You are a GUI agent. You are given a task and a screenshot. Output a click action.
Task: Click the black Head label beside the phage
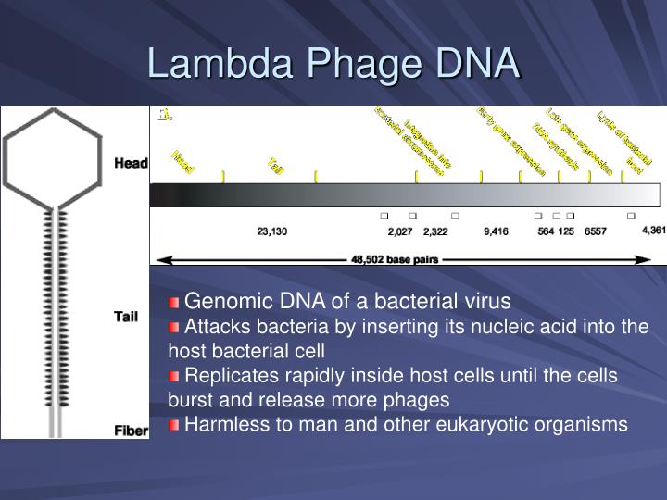tap(131, 164)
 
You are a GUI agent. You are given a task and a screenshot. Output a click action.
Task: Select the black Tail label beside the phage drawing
tap(125, 317)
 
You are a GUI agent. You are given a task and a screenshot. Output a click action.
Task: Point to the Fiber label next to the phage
tap(131, 431)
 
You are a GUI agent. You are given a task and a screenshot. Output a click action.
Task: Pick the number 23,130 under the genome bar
tap(272, 231)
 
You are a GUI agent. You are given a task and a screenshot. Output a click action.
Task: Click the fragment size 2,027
tap(400, 231)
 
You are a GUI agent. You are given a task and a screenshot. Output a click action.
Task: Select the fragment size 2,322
tap(435, 231)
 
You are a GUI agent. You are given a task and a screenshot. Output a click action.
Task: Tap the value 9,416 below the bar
tap(496, 231)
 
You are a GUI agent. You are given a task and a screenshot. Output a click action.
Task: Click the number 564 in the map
tap(546, 231)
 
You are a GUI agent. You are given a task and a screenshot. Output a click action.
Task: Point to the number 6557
tap(595, 231)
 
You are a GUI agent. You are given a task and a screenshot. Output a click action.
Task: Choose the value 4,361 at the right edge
tap(652, 230)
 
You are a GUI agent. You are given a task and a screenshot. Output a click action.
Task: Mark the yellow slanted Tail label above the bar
tap(275, 165)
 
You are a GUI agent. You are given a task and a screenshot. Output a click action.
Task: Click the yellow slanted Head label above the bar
tap(183, 163)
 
